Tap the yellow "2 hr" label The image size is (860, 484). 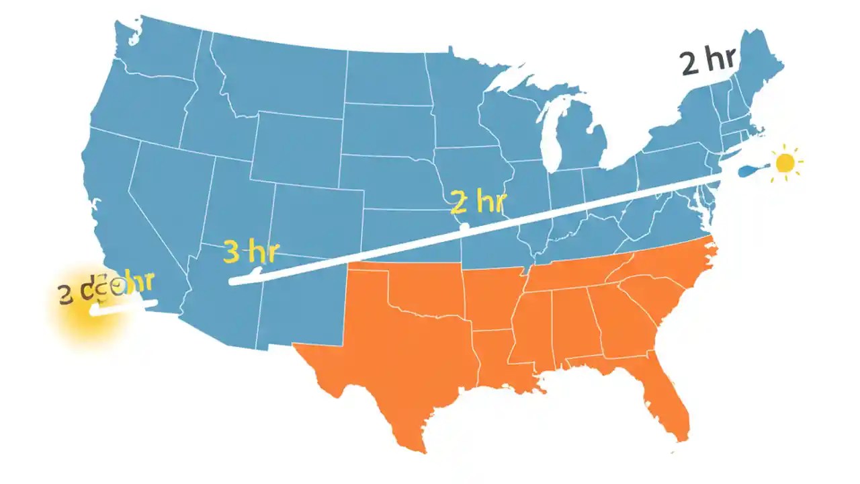[478, 201]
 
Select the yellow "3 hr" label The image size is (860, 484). [249, 251]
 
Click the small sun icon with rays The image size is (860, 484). [785, 163]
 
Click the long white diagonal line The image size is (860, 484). [470, 229]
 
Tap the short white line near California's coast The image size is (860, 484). [124, 307]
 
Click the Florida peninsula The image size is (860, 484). [672, 403]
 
